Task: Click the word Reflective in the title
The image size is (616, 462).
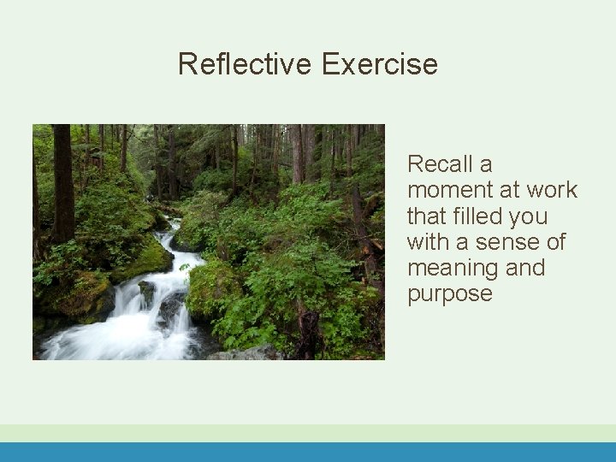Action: [246, 64]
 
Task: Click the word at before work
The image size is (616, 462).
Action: [508, 190]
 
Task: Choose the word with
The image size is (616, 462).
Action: [429, 241]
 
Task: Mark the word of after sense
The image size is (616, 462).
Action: [556, 241]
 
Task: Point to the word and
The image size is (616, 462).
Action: [525, 268]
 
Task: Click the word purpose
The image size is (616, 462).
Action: [450, 294]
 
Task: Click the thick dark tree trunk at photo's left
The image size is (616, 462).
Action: [62, 180]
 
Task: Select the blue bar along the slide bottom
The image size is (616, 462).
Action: [308, 452]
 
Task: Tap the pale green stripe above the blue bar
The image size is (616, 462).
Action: [308, 433]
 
